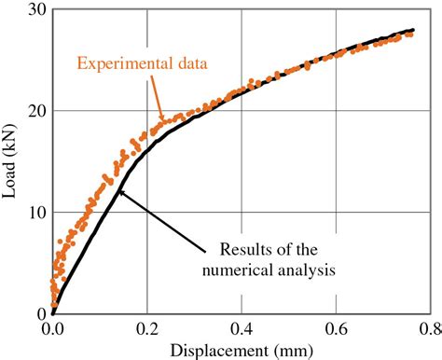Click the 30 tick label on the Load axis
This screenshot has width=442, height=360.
[x=37, y=9]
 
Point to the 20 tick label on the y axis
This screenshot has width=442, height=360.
[x=37, y=111]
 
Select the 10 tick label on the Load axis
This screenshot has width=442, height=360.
[x=37, y=213]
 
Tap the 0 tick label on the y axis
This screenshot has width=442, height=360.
[x=41, y=314]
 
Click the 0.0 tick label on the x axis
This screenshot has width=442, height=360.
[x=52, y=330]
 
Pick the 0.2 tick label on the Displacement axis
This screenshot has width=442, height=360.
[x=146, y=330]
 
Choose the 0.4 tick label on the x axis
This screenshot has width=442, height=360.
[x=241, y=330]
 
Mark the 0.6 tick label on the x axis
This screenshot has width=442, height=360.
[x=335, y=330]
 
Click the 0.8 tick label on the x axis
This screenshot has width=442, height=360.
[x=428, y=330]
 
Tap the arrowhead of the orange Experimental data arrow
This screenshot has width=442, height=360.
[x=164, y=119]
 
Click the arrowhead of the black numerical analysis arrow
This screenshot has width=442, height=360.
[x=118, y=189]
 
